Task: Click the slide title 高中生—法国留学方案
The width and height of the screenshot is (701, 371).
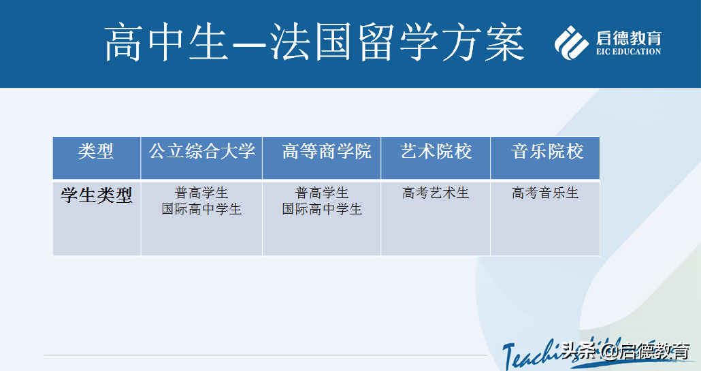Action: (x=314, y=42)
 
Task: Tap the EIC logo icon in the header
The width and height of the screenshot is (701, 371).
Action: (x=571, y=42)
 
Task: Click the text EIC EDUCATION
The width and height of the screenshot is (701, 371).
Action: (x=628, y=52)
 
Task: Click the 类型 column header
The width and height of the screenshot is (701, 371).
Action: (x=96, y=151)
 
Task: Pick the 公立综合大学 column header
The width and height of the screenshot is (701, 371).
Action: (x=201, y=151)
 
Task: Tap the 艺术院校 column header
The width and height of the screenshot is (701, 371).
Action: (x=436, y=151)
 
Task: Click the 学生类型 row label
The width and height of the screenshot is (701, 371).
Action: (x=96, y=195)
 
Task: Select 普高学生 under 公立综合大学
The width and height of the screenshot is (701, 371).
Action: (x=201, y=193)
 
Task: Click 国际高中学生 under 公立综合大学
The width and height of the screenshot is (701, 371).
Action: (x=201, y=210)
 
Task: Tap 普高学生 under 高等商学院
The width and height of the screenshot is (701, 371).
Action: (x=322, y=193)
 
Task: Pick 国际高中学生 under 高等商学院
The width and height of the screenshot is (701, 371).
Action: (x=322, y=210)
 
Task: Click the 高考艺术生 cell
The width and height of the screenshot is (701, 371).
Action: (x=436, y=193)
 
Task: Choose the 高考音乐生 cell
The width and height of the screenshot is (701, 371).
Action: (x=545, y=193)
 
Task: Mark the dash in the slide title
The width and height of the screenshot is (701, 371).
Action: (x=250, y=44)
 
